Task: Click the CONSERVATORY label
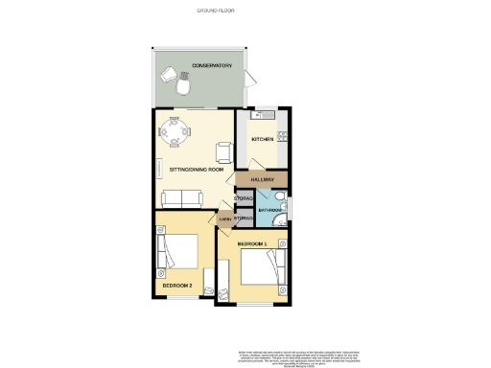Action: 212,65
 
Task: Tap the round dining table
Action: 175,128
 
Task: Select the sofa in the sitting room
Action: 180,198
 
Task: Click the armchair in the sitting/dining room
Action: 224,150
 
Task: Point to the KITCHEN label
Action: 263,140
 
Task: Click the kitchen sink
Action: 259,116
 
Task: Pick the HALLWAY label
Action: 262,180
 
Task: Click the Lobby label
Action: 226,220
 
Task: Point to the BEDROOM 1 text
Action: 251,245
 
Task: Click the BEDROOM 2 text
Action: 178,287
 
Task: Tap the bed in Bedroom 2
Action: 178,251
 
